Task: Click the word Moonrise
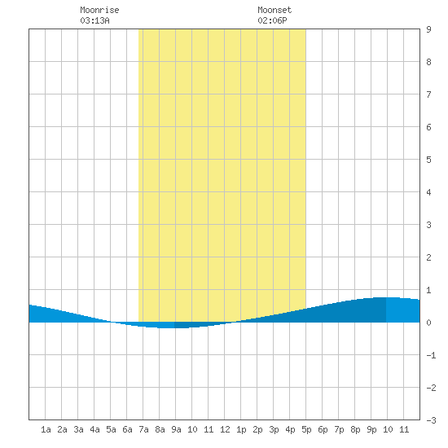99,10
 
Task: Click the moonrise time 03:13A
94,20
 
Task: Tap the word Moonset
275,10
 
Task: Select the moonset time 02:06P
272,20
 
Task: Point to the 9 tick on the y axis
428,29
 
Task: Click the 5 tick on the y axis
428,160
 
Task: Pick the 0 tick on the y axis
428,323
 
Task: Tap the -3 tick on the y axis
431,420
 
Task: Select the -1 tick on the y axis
431,355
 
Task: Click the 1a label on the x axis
46,429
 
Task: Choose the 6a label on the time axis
127,429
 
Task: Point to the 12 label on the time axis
225,429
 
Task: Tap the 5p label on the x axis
306,429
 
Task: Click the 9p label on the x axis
371,429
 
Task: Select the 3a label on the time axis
78,429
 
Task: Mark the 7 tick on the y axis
428,94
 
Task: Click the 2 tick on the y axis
428,257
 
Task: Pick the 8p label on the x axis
355,429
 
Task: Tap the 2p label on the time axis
257,429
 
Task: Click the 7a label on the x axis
143,429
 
